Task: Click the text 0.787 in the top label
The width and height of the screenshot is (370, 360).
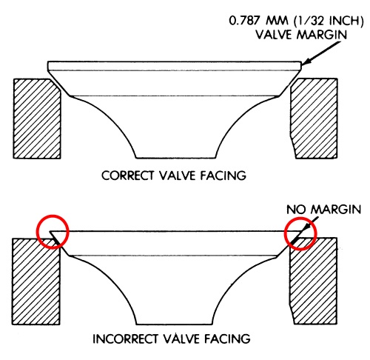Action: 244,21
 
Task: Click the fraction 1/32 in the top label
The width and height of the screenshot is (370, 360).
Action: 310,21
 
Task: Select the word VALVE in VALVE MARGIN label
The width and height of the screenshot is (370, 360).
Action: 274,35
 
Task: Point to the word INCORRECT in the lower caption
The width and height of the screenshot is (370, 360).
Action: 126,339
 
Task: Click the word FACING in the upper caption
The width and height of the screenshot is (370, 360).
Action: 223,176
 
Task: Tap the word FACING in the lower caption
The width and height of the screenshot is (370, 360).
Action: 227,339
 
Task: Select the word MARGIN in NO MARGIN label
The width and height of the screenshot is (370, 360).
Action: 336,210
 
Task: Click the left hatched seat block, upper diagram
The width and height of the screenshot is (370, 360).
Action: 37,119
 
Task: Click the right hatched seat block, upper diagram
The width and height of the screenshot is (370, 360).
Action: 314,118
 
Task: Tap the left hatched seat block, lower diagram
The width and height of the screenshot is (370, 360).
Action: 36,281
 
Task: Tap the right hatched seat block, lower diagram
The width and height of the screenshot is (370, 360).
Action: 313,281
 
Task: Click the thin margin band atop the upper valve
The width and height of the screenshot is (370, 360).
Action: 175,66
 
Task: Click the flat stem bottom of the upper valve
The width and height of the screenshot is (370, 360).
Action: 176,158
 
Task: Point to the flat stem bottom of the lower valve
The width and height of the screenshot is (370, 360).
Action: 174,324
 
